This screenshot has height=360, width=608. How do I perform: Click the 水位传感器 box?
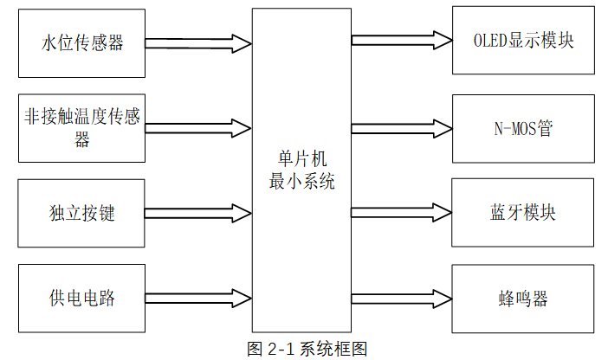[x=82, y=42]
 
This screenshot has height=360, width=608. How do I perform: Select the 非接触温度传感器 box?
[x=82, y=128]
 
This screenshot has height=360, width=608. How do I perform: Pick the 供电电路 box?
[x=82, y=299]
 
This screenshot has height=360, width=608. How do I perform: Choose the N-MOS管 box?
[x=523, y=129]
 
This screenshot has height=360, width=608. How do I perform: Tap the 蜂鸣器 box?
[x=523, y=299]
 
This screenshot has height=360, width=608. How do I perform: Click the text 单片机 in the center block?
[x=301, y=162]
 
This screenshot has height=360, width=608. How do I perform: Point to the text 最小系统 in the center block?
[x=301, y=183]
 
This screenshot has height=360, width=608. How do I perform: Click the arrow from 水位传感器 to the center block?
[x=197, y=42]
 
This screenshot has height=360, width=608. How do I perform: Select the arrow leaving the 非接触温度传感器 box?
[x=197, y=128]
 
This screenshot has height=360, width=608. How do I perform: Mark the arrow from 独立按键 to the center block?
[x=197, y=213]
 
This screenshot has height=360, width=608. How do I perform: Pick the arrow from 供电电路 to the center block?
[x=197, y=299]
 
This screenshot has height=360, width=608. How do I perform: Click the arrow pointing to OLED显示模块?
[x=402, y=40]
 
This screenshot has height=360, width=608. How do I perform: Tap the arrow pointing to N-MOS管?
[x=402, y=127]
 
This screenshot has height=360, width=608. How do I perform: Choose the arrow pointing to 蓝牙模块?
[x=402, y=213]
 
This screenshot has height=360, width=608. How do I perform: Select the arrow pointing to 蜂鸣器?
[x=402, y=299]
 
